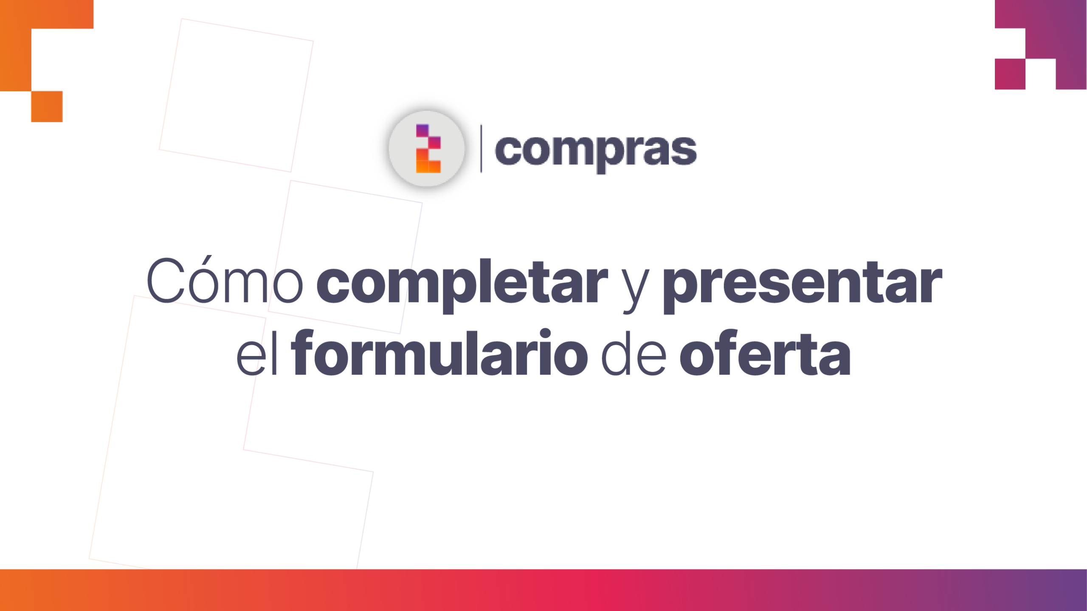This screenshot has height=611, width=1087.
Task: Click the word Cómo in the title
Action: (x=225, y=280)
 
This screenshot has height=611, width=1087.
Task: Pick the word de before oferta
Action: (x=634, y=352)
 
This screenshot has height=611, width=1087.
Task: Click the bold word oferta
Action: (x=765, y=352)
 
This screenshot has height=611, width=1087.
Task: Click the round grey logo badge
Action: (x=427, y=149)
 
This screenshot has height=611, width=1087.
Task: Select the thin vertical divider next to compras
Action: (x=481, y=149)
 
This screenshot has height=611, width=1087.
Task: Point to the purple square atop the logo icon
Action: (x=422, y=130)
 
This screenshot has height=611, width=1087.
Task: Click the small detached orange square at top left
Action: (x=47, y=107)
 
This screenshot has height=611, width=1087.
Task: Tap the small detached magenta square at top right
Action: (x=1010, y=74)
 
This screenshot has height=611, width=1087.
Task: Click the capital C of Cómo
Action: (x=166, y=280)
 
